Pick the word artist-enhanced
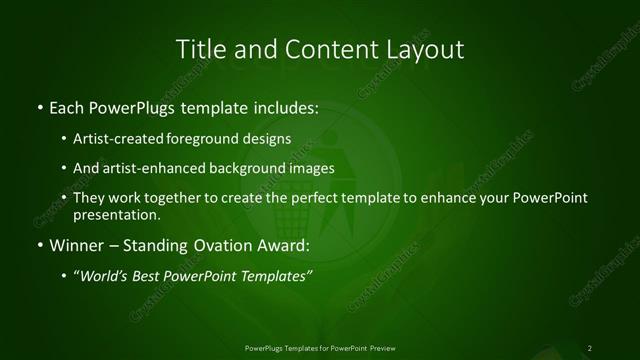[x=161, y=168]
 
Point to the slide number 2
[x=590, y=347]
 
